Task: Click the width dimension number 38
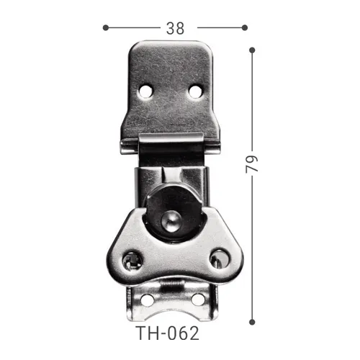click(x=175, y=28)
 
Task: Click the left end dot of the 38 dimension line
click(x=106, y=27)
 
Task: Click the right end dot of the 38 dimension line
click(x=244, y=27)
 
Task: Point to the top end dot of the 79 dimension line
click(x=252, y=50)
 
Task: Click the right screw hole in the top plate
click(x=195, y=91)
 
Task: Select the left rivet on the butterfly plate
click(x=132, y=258)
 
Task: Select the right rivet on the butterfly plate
click(x=216, y=257)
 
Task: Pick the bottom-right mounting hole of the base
click(x=197, y=299)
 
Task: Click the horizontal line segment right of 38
click(x=220, y=27)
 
